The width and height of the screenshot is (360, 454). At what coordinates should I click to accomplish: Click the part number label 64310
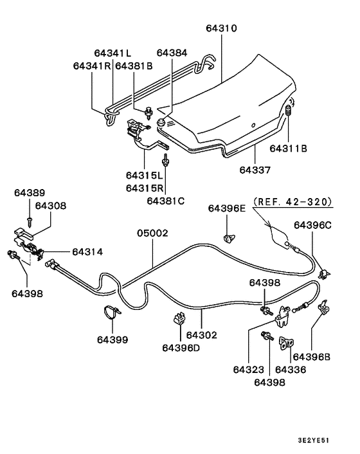[222, 29]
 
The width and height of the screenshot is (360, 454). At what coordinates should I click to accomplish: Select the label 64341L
[113, 53]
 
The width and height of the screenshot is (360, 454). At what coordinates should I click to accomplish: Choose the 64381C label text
[165, 201]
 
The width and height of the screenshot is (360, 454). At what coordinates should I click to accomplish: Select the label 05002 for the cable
[152, 233]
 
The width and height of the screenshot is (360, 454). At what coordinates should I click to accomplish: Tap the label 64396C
[313, 225]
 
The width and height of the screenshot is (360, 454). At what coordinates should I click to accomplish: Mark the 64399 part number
[113, 339]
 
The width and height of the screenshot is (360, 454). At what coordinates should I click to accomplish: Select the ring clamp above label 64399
[113, 314]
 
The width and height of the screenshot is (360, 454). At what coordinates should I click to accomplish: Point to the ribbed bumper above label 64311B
[288, 117]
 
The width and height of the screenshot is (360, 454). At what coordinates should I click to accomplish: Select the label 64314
[87, 251]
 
